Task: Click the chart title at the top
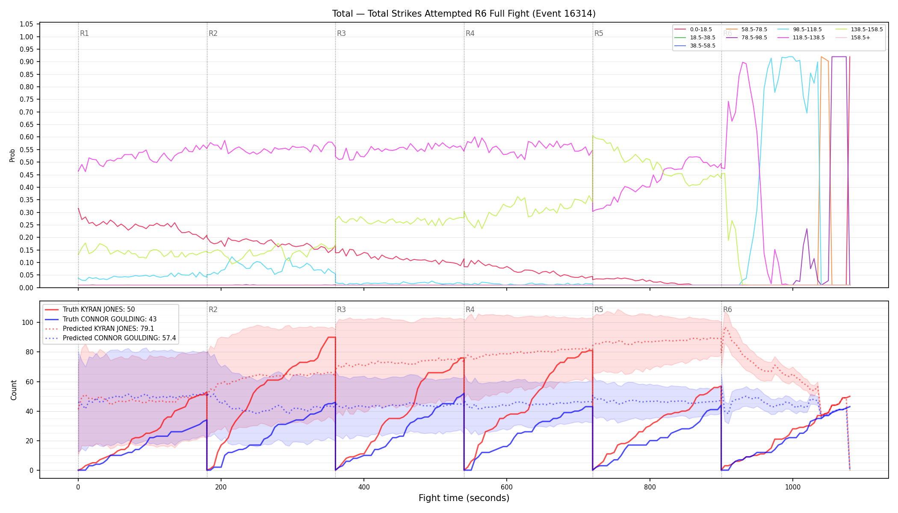[464, 14]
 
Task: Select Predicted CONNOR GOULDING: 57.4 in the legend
[110, 338]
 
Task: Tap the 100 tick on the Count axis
[28, 323]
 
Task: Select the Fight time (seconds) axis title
[464, 498]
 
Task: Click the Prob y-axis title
[12, 155]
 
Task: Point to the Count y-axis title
[14, 390]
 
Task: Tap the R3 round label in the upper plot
[341, 33]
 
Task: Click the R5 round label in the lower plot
[599, 310]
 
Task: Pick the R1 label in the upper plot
[84, 33]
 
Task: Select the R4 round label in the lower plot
[470, 310]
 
